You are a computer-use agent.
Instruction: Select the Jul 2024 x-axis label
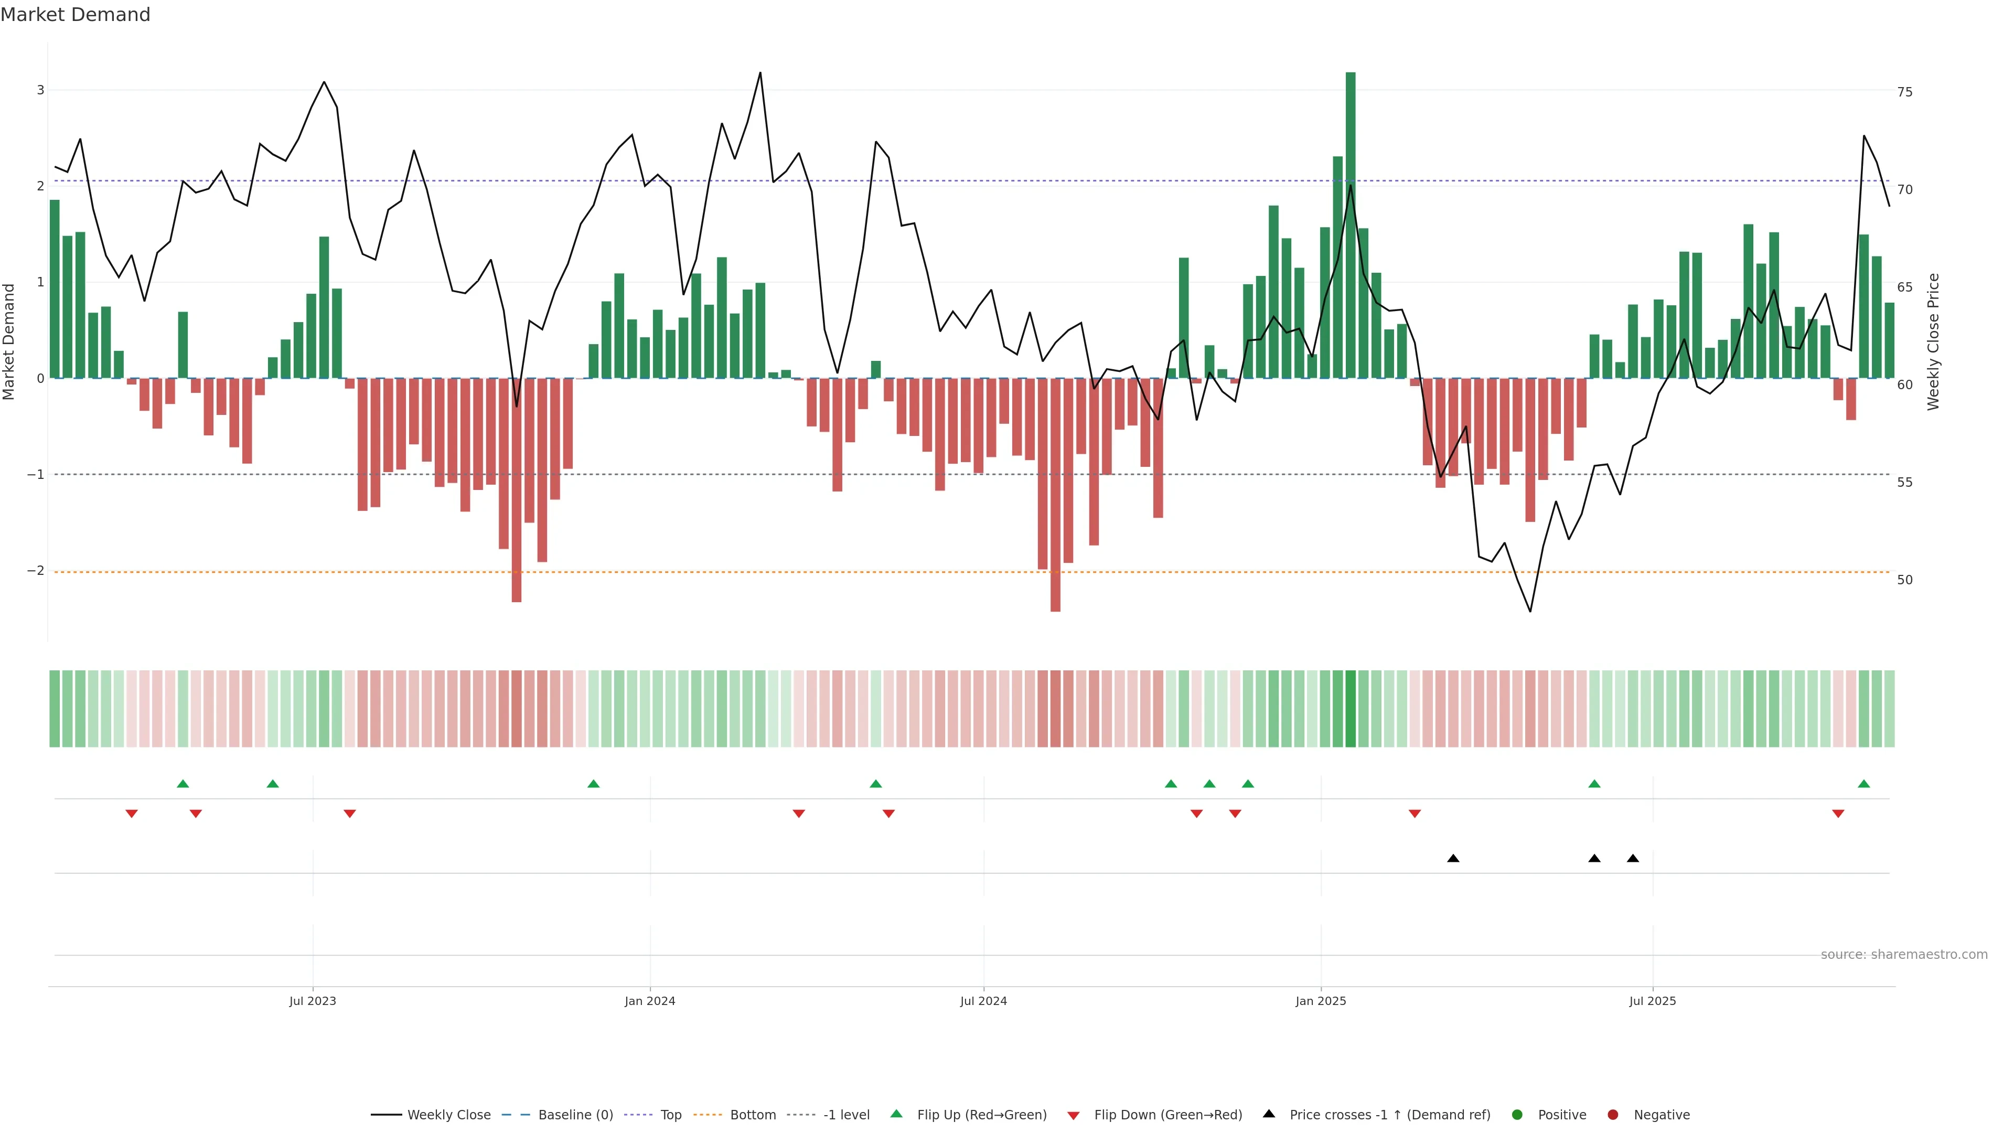(983, 1001)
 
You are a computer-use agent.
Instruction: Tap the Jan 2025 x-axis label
(1321, 1001)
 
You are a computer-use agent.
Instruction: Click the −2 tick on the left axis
(36, 571)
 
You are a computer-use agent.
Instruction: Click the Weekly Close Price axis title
(1933, 341)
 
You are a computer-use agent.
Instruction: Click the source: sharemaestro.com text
(1904, 955)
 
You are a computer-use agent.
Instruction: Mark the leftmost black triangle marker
(1453, 859)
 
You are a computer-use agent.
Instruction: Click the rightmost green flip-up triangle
(1864, 784)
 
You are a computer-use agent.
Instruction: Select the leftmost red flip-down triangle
(131, 814)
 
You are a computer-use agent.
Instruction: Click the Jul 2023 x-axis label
(312, 1001)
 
